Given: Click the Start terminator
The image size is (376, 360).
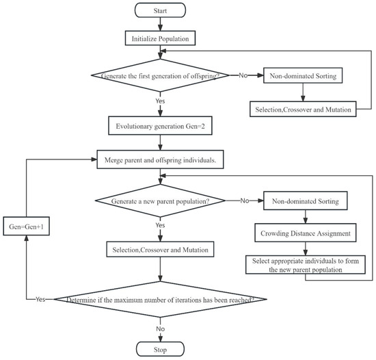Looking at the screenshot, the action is point(160,10).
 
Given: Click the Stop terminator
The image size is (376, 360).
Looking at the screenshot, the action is point(160,349).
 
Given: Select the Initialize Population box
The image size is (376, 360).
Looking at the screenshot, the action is point(160,38).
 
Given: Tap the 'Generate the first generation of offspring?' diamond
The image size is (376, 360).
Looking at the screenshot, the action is point(160,75).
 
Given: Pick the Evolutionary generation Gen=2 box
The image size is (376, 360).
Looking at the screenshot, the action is point(160,125).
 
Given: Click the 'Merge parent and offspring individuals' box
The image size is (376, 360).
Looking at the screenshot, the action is point(160,159).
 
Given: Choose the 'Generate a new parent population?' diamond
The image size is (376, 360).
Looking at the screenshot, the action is point(160,201).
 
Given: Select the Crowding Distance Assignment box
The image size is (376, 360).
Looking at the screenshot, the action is point(306,233).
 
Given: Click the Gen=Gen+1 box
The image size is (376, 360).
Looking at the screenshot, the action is point(27,226).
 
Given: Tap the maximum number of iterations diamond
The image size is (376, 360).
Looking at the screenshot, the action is point(160,299).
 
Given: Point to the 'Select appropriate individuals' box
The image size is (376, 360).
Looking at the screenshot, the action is point(306,265).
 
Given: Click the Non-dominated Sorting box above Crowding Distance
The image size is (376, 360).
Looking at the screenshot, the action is point(306,201).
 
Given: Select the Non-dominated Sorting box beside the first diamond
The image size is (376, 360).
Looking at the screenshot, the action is point(303,75).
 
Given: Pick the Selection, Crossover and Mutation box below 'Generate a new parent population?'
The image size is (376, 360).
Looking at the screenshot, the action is point(160,249).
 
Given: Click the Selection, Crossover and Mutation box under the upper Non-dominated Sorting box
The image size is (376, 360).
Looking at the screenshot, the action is point(303,110).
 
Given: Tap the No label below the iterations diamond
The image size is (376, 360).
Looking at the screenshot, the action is point(160,329).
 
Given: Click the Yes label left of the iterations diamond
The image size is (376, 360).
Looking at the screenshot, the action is point(40,299).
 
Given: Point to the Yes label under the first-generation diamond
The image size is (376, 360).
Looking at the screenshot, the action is point(160,101).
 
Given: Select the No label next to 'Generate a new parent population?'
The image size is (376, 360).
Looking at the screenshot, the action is point(244,201).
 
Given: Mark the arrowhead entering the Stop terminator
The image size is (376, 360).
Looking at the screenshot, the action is point(160,339).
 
